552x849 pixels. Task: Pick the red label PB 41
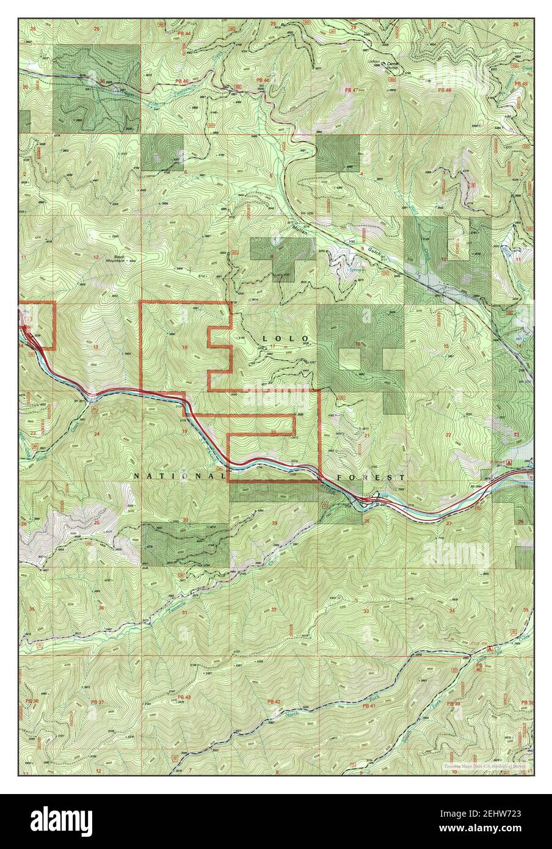[368, 705]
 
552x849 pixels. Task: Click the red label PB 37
[98, 702]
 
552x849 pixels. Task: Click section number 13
[96, 346]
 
